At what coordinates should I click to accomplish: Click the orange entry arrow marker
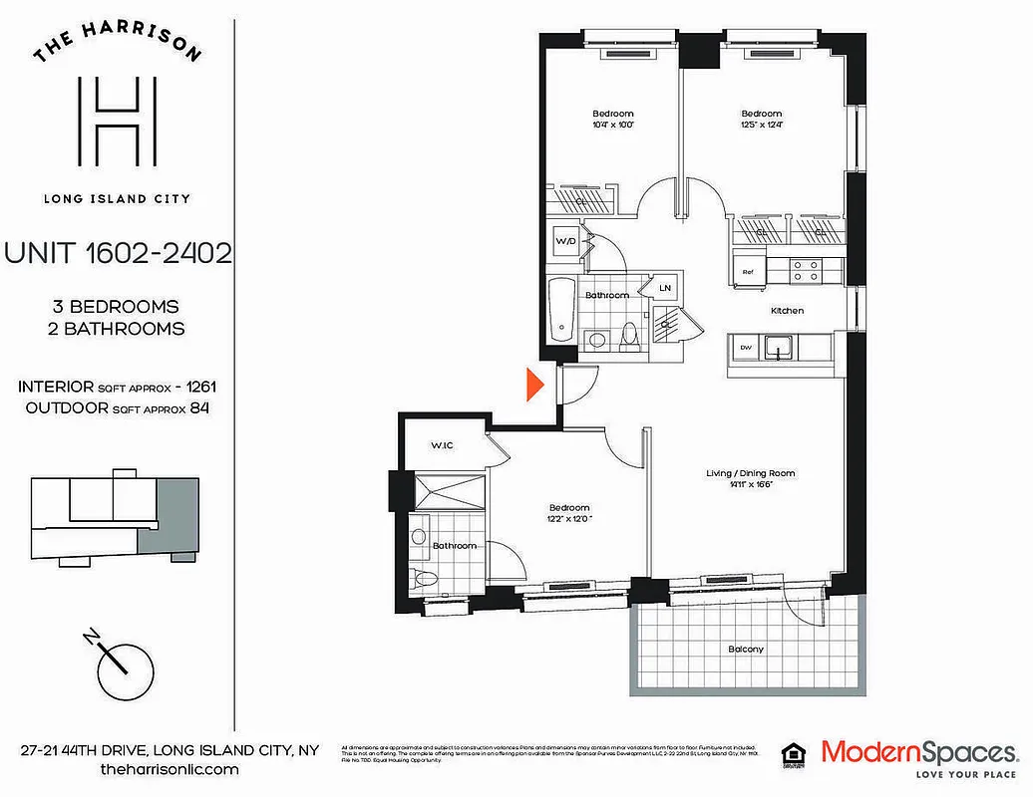[x=533, y=384]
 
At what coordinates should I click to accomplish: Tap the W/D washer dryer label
[x=565, y=241]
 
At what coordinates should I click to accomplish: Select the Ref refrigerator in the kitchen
[x=747, y=270]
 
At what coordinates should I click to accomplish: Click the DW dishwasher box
[x=745, y=347]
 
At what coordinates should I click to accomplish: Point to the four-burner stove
[x=806, y=270]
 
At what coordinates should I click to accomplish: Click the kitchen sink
[x=779, y=348]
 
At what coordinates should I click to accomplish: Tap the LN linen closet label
[x=665, y=288]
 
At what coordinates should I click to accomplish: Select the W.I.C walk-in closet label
[x=443, y=444]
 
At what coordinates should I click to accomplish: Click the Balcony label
[x=746, y=650]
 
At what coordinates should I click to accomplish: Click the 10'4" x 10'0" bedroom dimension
[x=612, y=126]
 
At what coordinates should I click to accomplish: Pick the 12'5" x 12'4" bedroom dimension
[x=761, y=126]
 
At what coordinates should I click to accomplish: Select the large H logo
[x=117, y=123]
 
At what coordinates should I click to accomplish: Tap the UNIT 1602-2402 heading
[x=118, y=253]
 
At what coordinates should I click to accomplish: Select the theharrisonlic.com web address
[x=170, y=770]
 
